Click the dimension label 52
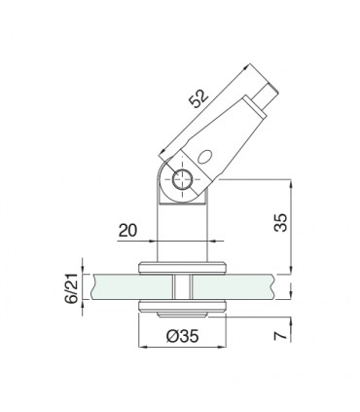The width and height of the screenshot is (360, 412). (198, 98)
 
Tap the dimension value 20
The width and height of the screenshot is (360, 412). (127, 231)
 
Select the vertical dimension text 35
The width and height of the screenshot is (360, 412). (281, 222)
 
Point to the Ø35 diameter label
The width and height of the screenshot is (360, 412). (182, 336)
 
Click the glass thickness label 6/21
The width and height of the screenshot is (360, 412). (72, 288)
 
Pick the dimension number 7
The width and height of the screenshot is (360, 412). (281, 335)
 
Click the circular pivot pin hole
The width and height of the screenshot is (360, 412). (182, 179)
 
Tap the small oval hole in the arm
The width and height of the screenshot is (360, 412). (204, 157)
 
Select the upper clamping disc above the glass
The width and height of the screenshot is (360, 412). (182, 268)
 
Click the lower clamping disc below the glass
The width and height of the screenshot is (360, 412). (182, 307)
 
